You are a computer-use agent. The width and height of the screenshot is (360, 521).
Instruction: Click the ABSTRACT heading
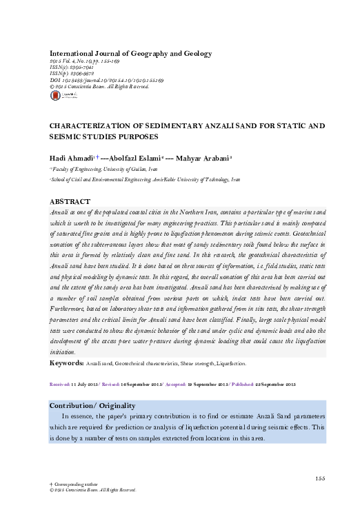coord(72,202)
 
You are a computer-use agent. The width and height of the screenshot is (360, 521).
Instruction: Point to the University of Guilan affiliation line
coord(103,168)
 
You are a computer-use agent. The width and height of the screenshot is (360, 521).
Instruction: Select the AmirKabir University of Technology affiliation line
coord(145,179)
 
